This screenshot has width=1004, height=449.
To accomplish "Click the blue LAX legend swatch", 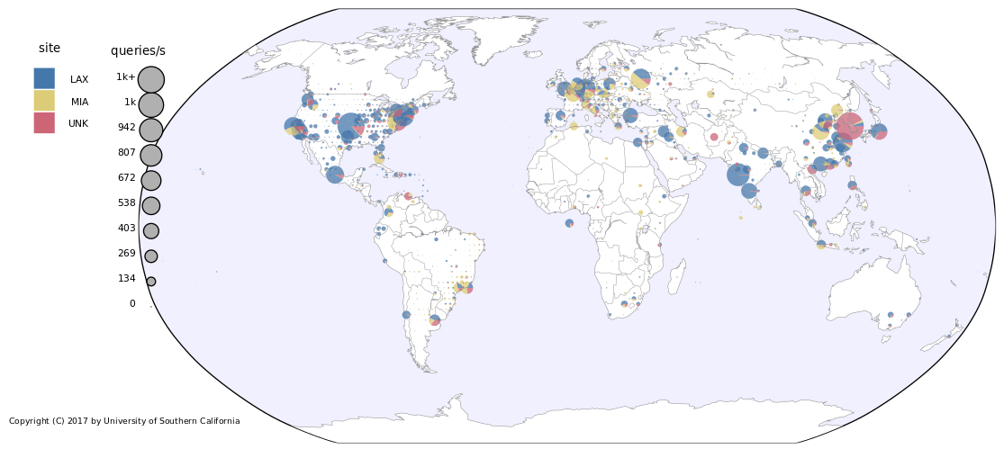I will point(44,78).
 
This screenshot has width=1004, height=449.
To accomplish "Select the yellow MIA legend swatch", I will point(44,101).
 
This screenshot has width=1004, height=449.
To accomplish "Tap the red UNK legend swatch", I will point(44,122).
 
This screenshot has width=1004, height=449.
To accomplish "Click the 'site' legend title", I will point(50,48).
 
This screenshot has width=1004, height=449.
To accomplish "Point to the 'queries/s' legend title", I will point(138,51).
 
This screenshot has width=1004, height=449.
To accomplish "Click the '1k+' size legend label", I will point(125,77).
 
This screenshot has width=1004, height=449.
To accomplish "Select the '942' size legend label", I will point(126,128).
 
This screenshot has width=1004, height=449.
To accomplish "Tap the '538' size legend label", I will point(126,203).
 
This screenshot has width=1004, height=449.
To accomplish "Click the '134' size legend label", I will point(126,279).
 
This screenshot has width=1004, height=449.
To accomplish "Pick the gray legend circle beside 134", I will point(151,282).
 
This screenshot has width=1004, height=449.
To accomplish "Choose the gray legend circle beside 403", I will point(151,231).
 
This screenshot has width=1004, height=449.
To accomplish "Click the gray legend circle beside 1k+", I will point(151,79).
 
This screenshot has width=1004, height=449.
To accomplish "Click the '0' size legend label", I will point(132,304).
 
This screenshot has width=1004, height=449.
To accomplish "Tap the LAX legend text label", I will point(79,80).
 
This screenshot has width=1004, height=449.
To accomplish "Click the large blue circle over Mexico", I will point(335,175).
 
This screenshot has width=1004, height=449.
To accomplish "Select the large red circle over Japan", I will point(849,126).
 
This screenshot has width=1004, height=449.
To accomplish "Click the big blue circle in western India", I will point(737,175).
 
